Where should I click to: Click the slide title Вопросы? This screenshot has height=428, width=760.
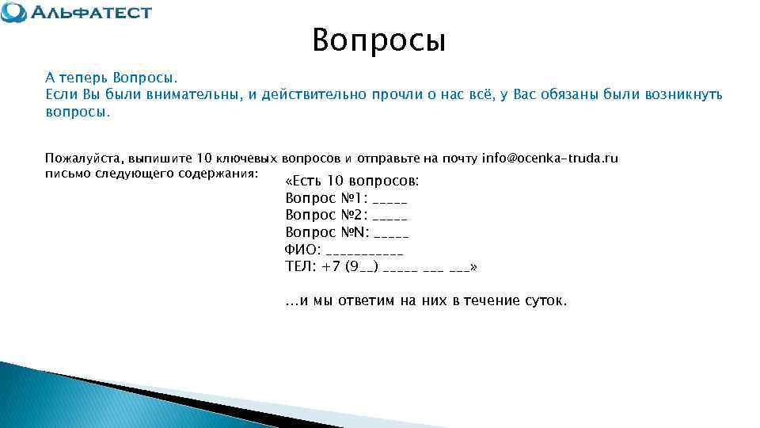(x=379, y=40)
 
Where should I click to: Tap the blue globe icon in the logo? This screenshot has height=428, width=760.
(x=13, y=13)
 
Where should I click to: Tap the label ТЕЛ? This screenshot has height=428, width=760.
(x=299, y=267)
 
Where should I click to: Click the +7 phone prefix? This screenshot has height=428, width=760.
(x=332, y=267)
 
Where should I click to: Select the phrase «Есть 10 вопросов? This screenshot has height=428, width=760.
(x=351, y=181)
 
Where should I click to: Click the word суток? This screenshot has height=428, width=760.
(x=544, y=301)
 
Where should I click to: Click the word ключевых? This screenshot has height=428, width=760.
(x=245, y=159)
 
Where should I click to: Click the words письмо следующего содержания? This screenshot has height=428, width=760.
(x=151, y=174)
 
